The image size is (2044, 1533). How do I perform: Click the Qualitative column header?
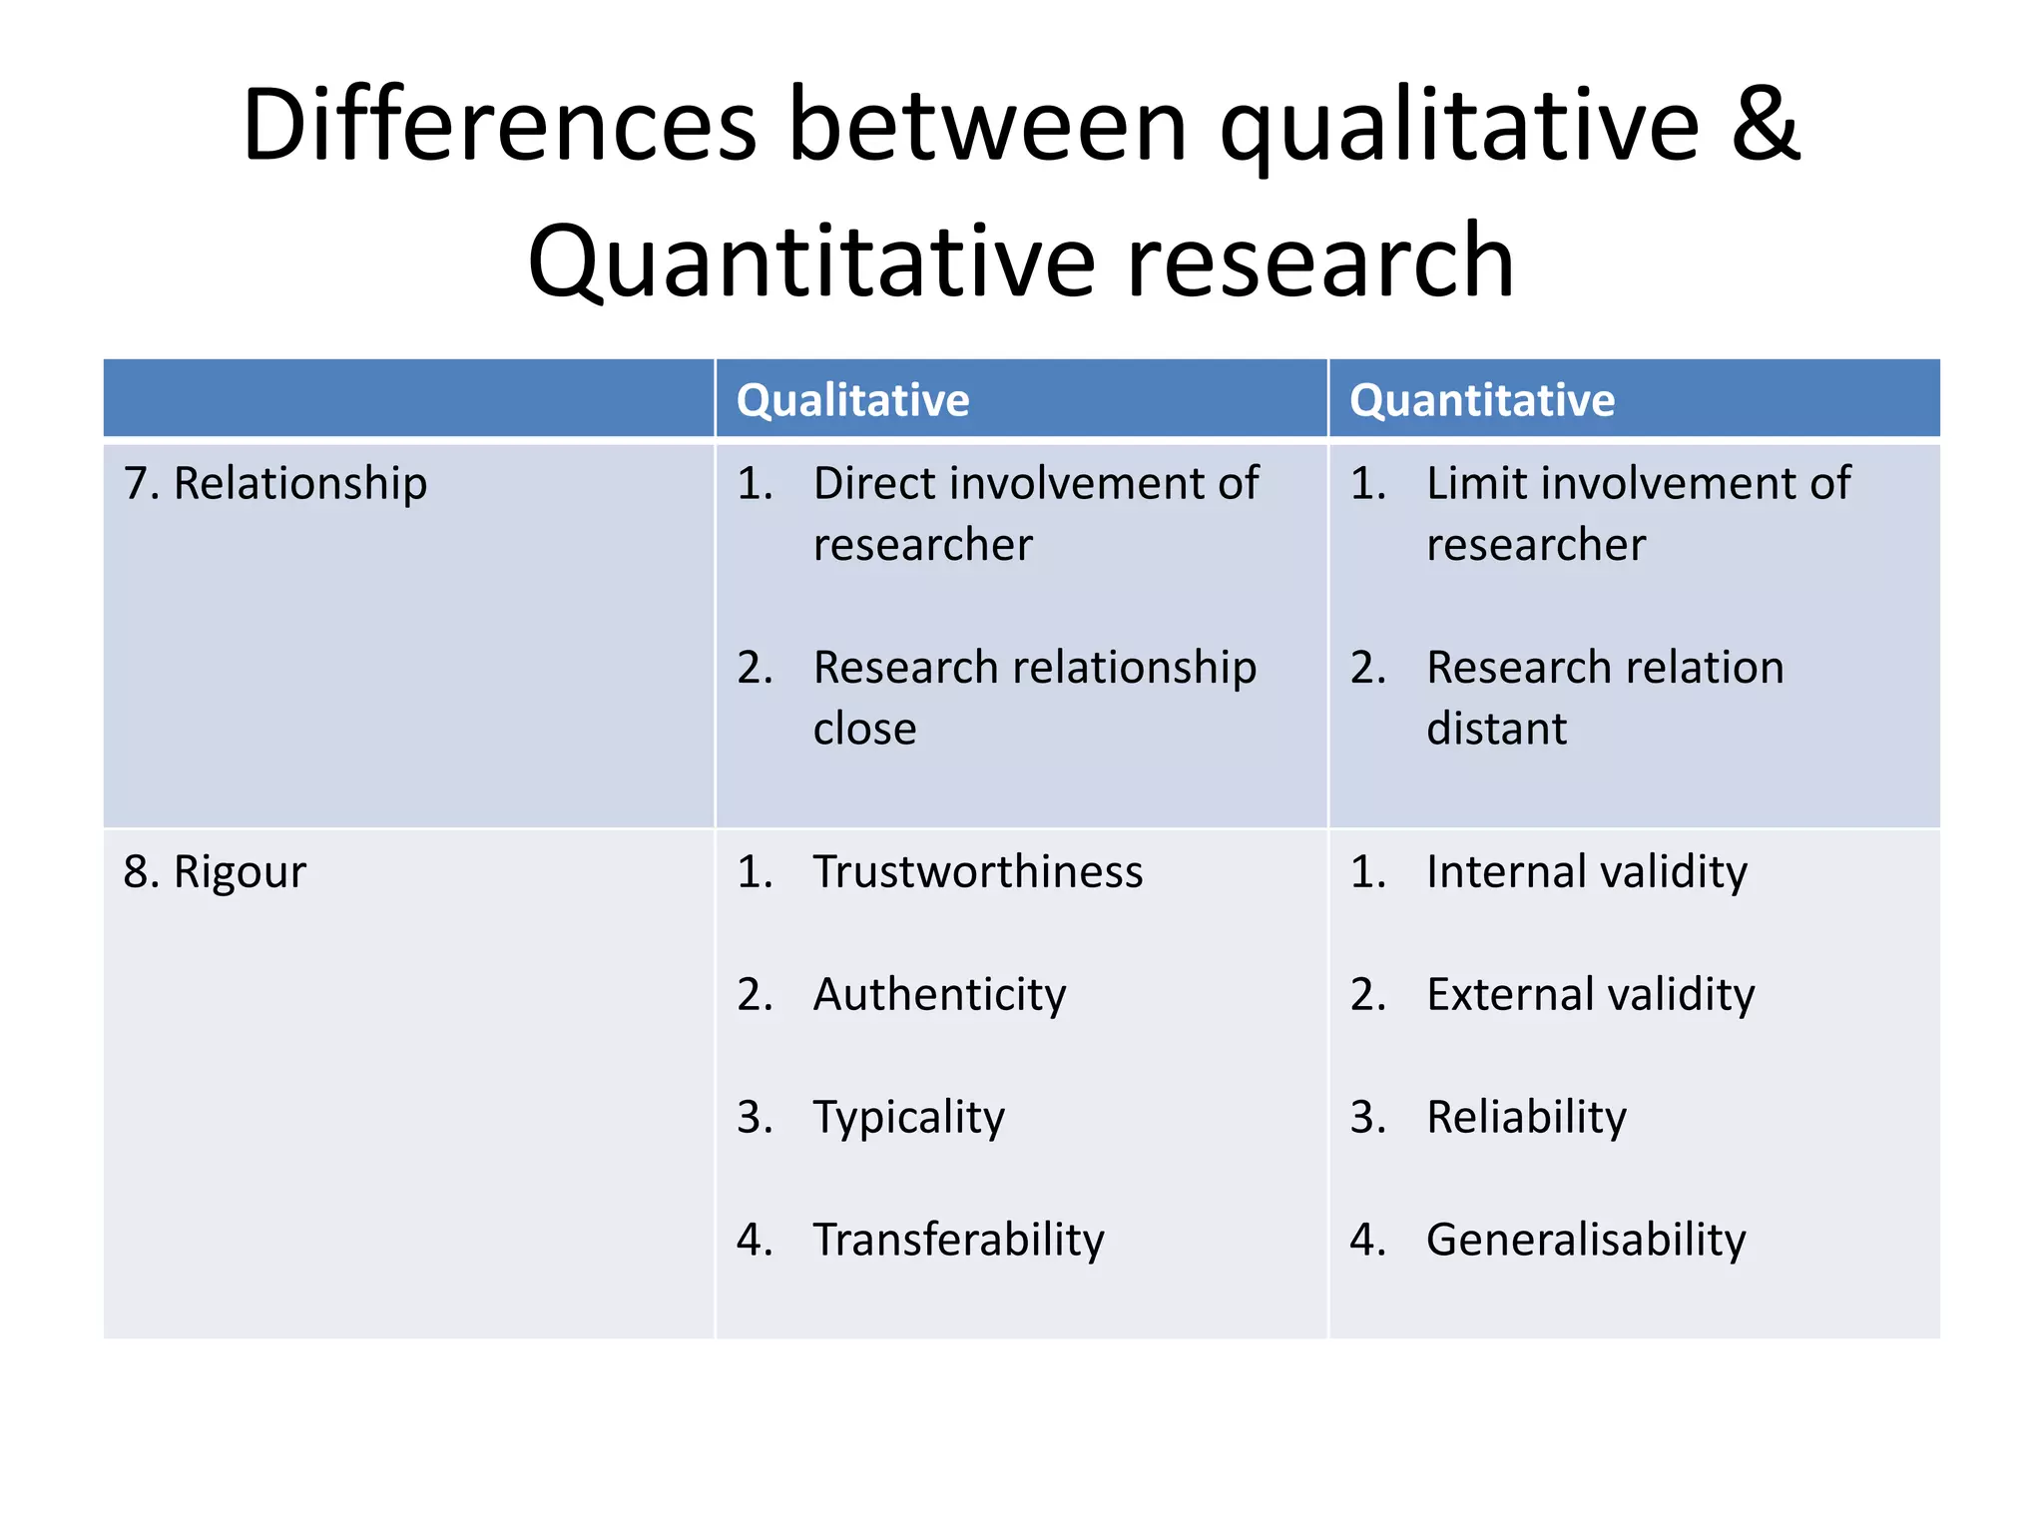[852, 400]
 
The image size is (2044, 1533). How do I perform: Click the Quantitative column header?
[1481, 400]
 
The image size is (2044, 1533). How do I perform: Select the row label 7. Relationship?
[275, 483]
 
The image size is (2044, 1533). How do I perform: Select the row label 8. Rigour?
[215, 871]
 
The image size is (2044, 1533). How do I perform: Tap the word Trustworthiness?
[977, 871]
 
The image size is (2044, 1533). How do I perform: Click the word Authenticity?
[939, 994]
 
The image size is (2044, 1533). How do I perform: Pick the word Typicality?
[908, 1117]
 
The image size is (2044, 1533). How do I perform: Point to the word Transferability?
[958, 1240]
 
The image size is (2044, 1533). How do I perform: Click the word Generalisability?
[1585, 1240]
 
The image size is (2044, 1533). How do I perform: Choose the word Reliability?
[1526, 1117]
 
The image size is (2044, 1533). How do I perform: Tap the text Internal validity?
[1586, 871]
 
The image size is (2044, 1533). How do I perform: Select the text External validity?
[1590, 994]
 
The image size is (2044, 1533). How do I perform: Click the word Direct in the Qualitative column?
[871, 483]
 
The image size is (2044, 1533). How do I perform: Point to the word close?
[864, 729]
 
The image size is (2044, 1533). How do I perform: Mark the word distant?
[1496, 729]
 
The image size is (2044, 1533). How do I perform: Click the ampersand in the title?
[1765, 125]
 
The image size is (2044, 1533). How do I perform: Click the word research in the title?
[1319, 261]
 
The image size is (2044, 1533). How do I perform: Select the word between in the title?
[988, 125]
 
